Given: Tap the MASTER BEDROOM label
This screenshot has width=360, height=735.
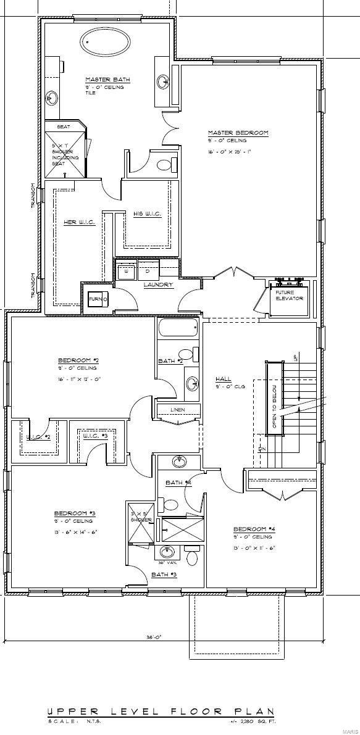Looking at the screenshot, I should tap(238, 133).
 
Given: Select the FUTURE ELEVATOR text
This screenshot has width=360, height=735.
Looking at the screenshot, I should tap(289, 296).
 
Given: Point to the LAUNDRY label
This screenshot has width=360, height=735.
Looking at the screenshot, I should tap(158, 284).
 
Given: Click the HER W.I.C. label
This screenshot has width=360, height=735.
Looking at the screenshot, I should tap(80, 222).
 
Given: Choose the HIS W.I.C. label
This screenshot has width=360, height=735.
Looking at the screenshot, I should tap(147, 214).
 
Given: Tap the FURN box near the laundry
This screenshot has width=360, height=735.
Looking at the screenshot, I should tap(98, 299).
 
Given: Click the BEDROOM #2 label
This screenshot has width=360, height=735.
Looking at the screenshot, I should tap(78, 360).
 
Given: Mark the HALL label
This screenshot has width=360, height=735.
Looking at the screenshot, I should tap(223, 379).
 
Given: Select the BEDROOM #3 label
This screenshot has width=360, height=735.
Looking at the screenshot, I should tap(74, 513).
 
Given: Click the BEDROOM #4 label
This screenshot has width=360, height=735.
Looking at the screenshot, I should tap(253, 529).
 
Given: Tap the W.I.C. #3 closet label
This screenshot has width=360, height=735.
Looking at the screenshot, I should tap(95, 436).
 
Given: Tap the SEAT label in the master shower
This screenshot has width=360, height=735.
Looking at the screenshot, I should tap(63, 127).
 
